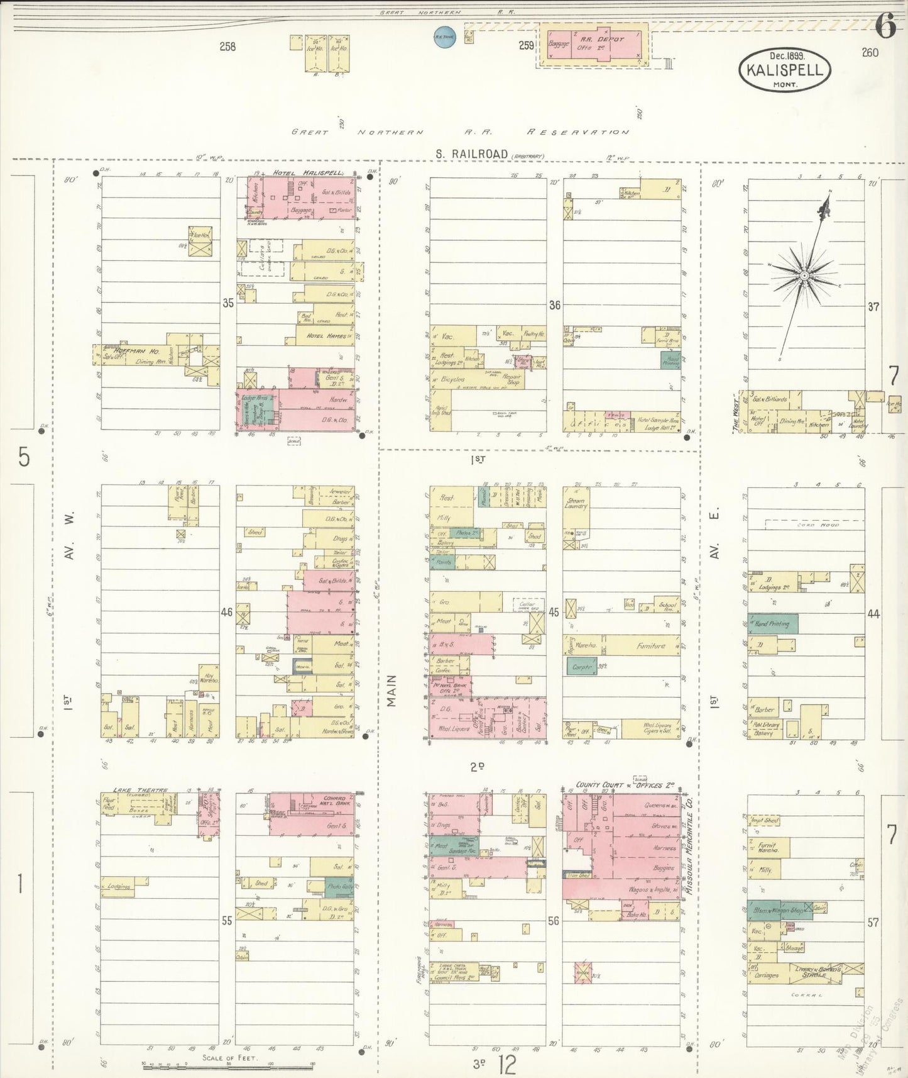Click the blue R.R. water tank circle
tap(444, 36)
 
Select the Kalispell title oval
tap(785, 69)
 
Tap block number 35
tap(227, 303)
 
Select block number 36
tap(554, 305)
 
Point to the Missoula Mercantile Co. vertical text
tap(689, 848)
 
